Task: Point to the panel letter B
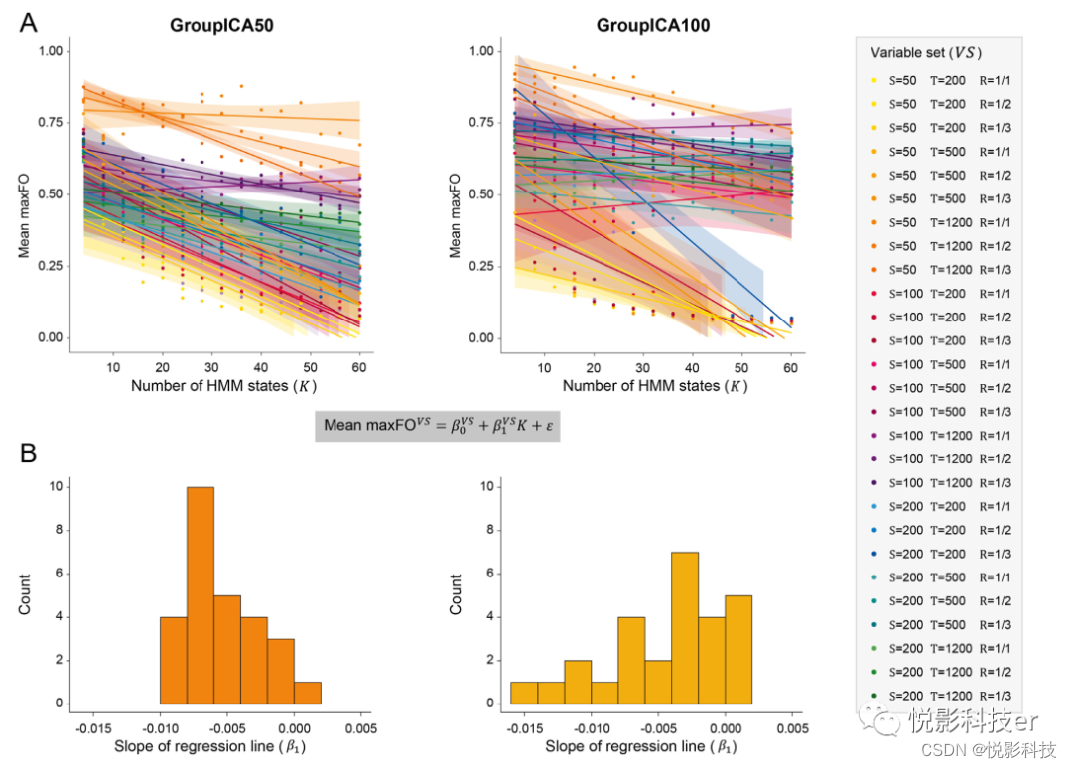coord(29,453)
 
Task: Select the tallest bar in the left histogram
coord(200,595)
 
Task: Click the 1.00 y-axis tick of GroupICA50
coord(50,51)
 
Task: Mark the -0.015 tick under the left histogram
coord(93,725)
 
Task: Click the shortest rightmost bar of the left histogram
coord(307,693)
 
